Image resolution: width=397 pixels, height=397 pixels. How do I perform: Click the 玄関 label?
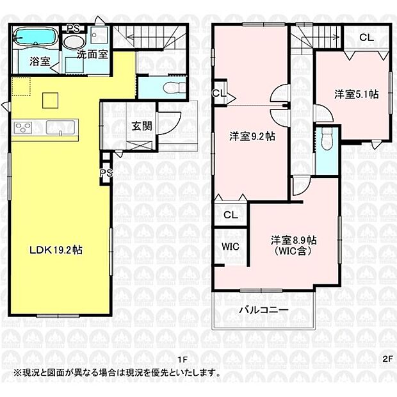click(x=142, y=126)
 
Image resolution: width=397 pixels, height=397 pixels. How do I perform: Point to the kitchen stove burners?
click(x=23, y=127)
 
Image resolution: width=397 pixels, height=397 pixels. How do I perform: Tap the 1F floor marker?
click(x=182, y=359)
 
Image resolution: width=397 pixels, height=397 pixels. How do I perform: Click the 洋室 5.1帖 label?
click(x=356, y=94)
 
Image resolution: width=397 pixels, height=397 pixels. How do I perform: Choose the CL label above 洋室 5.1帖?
click(x=366, y=38)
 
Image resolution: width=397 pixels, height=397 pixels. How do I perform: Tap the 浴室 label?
click(x=40, y=62)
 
